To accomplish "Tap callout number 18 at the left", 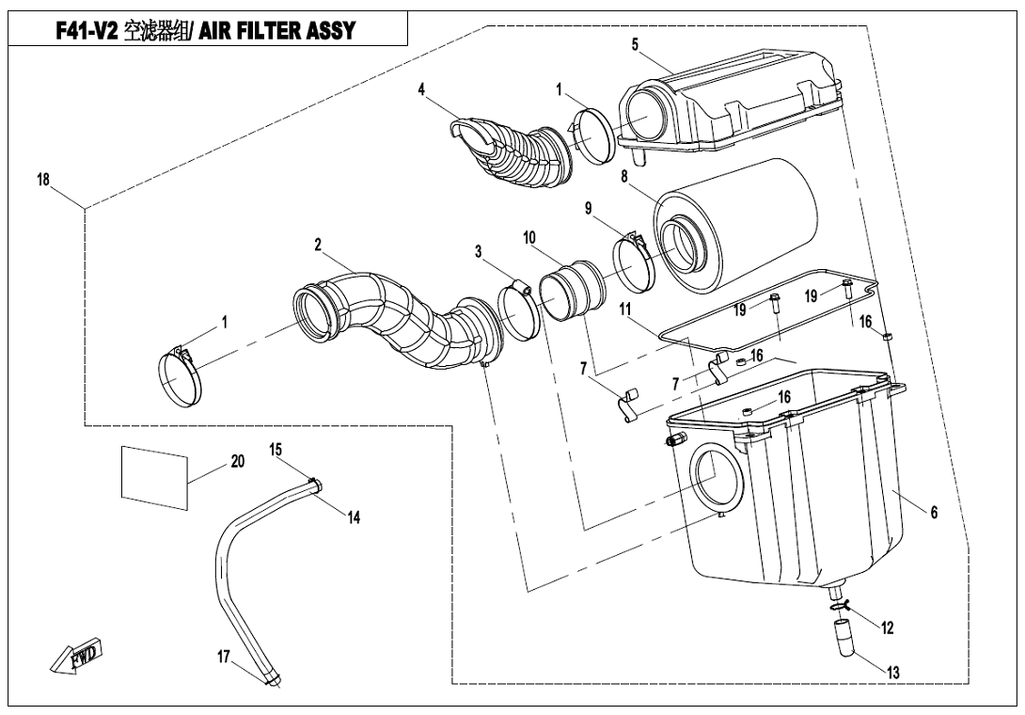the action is [x=43, y=180].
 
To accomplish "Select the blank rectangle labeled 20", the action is [x=154, y=477].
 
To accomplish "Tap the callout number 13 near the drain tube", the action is [x=893, y=672].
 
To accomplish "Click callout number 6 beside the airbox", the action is [x=934, y=513].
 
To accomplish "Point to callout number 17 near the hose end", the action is [x=224, y=656].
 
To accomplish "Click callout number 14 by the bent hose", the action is [x=354, y=518].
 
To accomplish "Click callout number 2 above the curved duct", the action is [x=318, y=245].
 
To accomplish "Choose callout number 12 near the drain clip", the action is [x=887, y=628].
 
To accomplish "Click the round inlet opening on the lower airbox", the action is [x=717, y=476].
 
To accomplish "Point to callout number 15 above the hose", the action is [x=276, y=450].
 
